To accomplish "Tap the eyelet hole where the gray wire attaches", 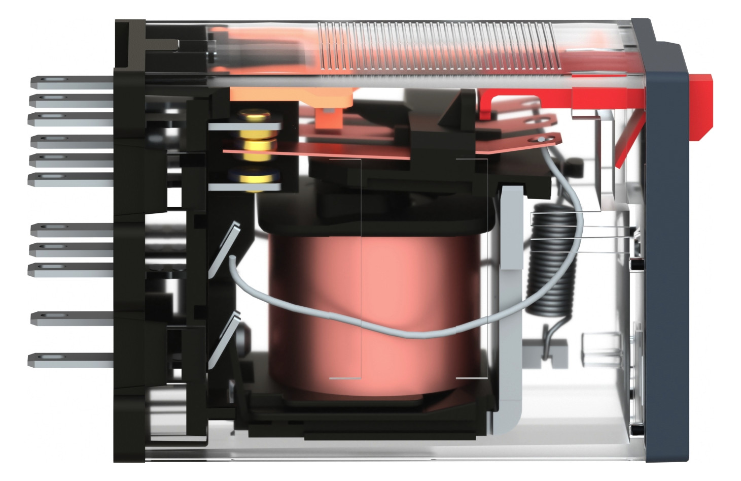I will coord(541,139).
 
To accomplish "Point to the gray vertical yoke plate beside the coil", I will coord(510,229).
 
